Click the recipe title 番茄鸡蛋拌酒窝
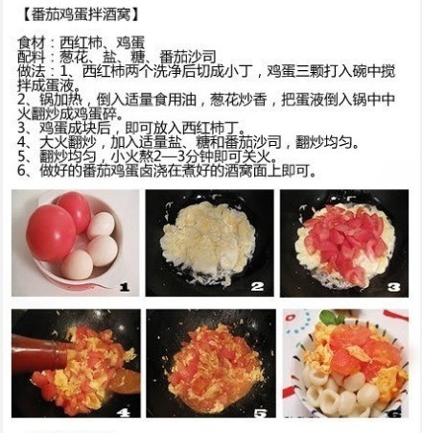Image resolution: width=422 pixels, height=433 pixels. tap(82, 14)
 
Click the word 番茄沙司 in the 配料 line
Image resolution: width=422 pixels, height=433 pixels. tap(188, 57)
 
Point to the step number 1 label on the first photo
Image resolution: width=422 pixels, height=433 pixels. tap(124, 287)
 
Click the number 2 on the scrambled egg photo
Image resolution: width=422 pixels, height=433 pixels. tap(257, 286)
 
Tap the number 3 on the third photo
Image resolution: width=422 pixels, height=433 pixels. tap(393, 286)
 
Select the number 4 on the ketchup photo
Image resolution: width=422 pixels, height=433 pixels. tap(124, 413)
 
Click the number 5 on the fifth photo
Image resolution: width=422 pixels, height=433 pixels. tap(260, 413)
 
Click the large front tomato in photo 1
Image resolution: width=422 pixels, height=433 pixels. tap(51, 233)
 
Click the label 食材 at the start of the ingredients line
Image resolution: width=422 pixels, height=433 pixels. tap(32, 42)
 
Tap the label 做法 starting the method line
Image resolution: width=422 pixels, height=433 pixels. tap(32, 71)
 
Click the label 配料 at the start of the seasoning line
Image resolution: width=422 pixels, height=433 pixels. tap(32, 57)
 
